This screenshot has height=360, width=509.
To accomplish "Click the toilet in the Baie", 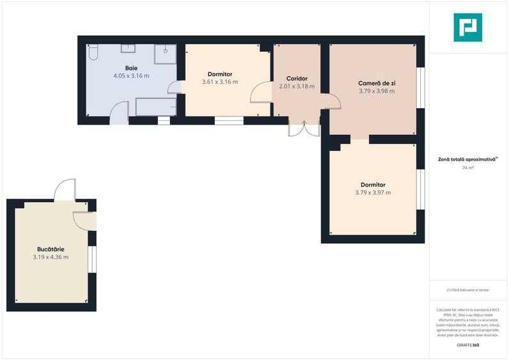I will (x=93, y=52).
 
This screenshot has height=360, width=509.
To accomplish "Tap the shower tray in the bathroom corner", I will (x=165, y=54).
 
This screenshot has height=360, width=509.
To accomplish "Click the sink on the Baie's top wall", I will (x=129, y=48).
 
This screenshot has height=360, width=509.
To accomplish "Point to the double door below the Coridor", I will (x=303, y=127).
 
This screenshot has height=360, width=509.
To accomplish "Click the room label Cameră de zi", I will (x=377, y=83).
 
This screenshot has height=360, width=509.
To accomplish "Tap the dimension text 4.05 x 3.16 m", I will (x=131, y=75).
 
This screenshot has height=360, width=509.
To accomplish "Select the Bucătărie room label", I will (x=51, y=249).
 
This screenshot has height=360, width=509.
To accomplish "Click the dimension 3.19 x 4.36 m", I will (x=51, y=257).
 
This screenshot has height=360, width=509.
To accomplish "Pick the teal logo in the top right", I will (x=467, y=27).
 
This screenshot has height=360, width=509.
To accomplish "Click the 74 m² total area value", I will (x=468, y=168).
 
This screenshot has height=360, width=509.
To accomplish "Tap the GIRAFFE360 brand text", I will (x=467, y=345).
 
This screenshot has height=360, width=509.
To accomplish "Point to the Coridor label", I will (x=297, y=79).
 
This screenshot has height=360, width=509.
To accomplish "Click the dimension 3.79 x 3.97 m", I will (x=373, y=192).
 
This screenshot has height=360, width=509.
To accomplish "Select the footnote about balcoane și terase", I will (x=467, y=290).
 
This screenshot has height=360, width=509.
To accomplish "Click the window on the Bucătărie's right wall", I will (x=91, y=259).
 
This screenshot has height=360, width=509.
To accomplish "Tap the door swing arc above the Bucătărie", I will (x=65, y=190).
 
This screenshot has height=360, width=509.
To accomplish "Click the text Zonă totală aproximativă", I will (x=467, y=159).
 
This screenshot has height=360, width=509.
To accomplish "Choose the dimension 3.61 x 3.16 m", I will (x=219, y=82).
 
